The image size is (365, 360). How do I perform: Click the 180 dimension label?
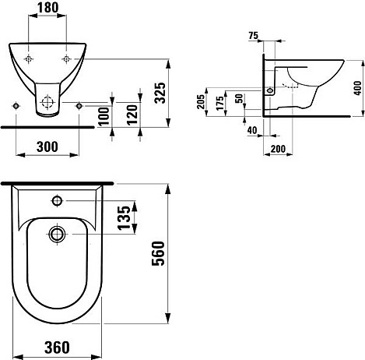click(47, 8)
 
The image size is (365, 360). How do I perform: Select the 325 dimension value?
click(160, 93)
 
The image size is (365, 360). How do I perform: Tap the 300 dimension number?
click(47, 147)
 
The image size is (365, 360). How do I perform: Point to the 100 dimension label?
click(104, 116)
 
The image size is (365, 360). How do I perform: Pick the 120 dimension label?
click(132, 115)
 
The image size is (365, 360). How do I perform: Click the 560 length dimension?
click(158, 253)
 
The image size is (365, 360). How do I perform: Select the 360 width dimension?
click(57, 348)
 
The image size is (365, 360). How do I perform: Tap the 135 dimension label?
click(124, 217)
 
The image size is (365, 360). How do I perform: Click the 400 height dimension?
click(357, 88)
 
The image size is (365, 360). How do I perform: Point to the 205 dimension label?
click(201, 101)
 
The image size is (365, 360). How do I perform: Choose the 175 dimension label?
click(220, 103)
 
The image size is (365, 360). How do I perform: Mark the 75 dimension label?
click(253, 36)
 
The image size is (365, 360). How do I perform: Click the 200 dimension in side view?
click(278, 149)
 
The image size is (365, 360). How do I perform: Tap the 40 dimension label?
click(252, 130)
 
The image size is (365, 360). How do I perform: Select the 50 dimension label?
click(240, 98)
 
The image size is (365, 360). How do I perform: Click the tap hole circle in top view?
click(58, 200)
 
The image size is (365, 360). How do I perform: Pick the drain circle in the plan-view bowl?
click(57, 234)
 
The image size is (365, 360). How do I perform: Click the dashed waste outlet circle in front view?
click(47, 102)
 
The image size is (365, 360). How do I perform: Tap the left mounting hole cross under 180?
click(29, 59)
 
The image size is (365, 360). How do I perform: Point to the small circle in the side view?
click(270, 90)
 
